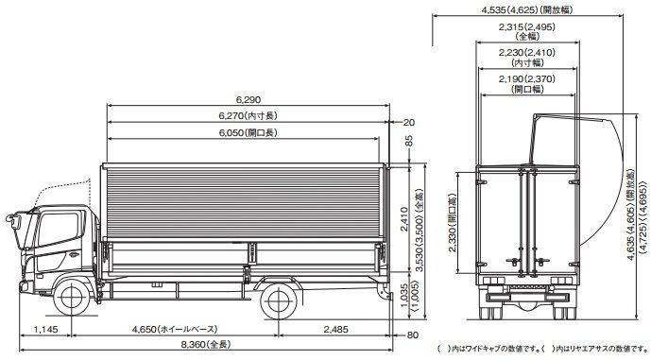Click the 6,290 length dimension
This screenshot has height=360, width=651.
click(x=248, y=99)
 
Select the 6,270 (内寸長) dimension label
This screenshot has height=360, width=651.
click(x=248, y=116)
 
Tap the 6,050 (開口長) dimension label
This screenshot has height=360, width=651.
click(x=248, y=133)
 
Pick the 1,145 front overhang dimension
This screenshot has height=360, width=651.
click(x=45, y=330)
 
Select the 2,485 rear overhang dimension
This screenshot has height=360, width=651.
click(x=335, y=330)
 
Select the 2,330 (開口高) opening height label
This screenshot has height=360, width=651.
click(x=453, y=223)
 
